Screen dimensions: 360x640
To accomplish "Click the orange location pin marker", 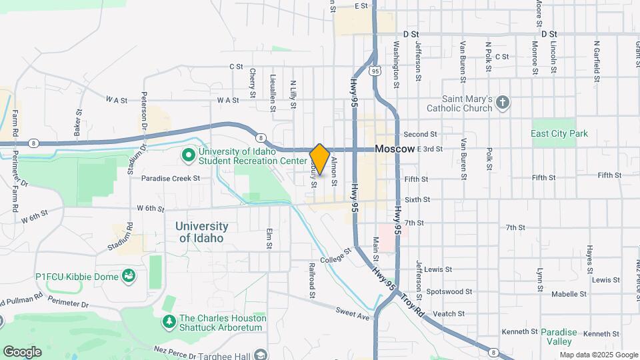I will click(320, 159).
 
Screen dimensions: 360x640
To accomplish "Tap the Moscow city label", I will click(395, 149).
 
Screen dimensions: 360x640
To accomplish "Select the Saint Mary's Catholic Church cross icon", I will click(503, 102).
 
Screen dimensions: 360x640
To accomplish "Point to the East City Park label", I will click(559, 133).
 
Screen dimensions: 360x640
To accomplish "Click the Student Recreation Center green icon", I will click(189, 155).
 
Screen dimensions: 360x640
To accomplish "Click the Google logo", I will click(22, 351).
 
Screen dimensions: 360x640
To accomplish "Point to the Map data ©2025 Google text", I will click(598, 355).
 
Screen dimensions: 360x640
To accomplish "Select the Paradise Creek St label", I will click(171, 178).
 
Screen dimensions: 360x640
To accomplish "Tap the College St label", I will click(335, 255).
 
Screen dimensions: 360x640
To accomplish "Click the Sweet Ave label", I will click(353, 313).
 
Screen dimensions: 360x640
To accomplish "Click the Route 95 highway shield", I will click(376, 71).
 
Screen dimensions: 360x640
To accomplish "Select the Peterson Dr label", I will click(143, 110).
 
